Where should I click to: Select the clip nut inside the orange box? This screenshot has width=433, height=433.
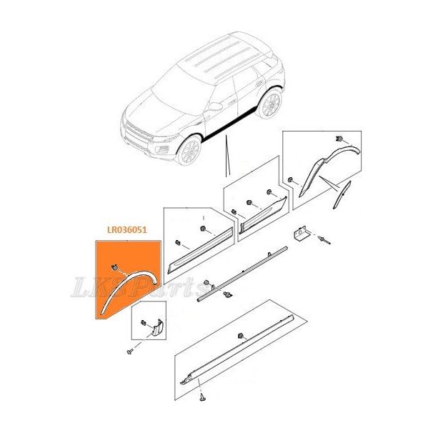pyautogui.click(x=114, y=267)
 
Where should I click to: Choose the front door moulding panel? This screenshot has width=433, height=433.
pyautogui.click(x=199, y=251)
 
